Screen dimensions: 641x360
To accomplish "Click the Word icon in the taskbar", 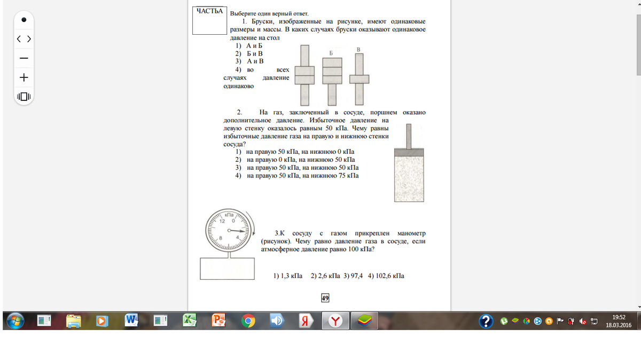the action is (x=131, y=320).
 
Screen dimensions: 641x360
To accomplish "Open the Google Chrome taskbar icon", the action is (x=248, y=321).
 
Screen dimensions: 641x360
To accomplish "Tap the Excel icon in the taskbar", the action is (x=190, y=320).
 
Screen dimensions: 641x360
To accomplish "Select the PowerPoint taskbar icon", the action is (x=218, y=320).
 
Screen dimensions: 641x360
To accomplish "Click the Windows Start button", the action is (x=15, y=321).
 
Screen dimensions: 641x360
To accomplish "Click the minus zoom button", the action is (x=24, y=58).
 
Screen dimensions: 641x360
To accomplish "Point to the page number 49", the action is (x=325, y=298).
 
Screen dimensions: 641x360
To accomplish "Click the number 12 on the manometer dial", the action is (x=222, y=221).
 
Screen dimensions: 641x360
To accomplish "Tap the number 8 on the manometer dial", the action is (x=221, y=238).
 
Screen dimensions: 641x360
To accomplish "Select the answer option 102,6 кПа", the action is (x=390, y=276).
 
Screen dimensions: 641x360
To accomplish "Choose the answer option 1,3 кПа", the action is (x=292, y=276).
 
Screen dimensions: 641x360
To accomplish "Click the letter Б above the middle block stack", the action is (x=331, y=53).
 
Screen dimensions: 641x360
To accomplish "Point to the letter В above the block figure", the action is (x=358, y=50).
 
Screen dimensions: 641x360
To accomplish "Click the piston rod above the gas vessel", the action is (x=409, y=136).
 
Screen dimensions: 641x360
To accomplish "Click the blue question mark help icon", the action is (x=486, y=321).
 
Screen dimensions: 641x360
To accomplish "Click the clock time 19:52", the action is (x=619, y=317).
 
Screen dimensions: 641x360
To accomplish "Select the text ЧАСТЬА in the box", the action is (x=209, y=11).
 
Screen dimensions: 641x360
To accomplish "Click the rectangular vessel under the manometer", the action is (x=227, y=269).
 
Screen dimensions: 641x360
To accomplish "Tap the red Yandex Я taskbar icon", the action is (x=306, y=321).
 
